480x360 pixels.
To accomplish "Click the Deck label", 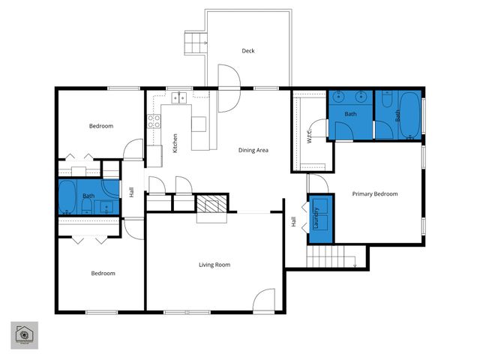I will [x=248, y=51].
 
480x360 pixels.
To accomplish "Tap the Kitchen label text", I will [x=175, y=143].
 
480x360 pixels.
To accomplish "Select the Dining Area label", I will [x=253, y=150].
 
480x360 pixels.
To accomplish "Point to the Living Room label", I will [x=214, y=264].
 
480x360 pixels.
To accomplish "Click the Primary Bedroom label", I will [x=375, y=193].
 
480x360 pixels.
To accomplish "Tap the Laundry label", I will [x=316, y=218].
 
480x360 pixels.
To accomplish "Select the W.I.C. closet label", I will [x=309, y=135].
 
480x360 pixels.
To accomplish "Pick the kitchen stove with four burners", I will [x=154, y=121].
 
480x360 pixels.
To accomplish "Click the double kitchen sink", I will [x=179, y=97].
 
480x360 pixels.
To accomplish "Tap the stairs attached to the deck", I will [x=196, y=43].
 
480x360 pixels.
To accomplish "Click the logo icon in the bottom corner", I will [x=24, y=335].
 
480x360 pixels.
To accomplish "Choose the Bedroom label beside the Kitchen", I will [x=101, y=126].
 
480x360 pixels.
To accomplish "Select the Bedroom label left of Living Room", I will [x=103, y=273].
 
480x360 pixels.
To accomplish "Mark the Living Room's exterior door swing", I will [x=264, y=301].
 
